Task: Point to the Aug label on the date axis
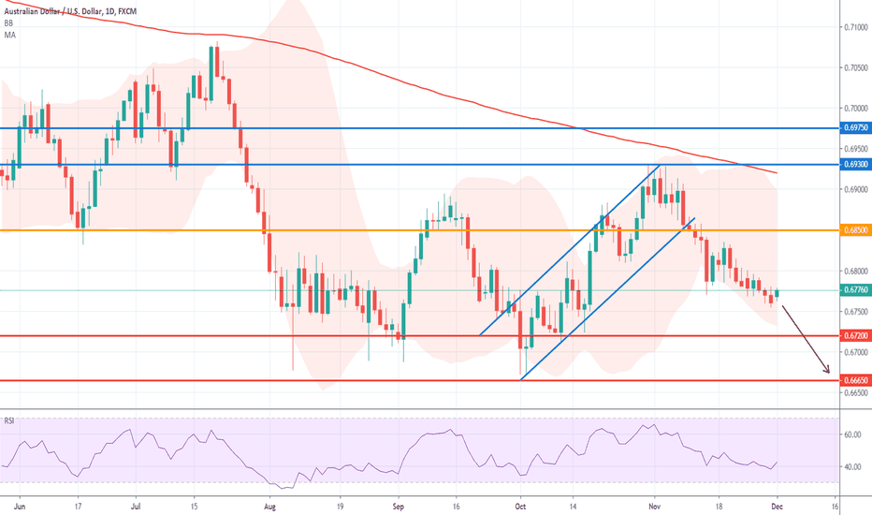pyautogui.click(x=270, y=503)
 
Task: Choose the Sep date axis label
pyautogui.click(x=398, y=503)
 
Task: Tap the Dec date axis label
pyautogui.click(x=777, y=503)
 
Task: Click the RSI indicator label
pyautogui.click(x=11, y=419)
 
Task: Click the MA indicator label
pyautogui.click(x=10, y=34)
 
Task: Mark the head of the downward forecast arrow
pyautogui.click(x=829, y=373)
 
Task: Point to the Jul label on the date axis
pyautogui.click(x=137, y=503)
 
